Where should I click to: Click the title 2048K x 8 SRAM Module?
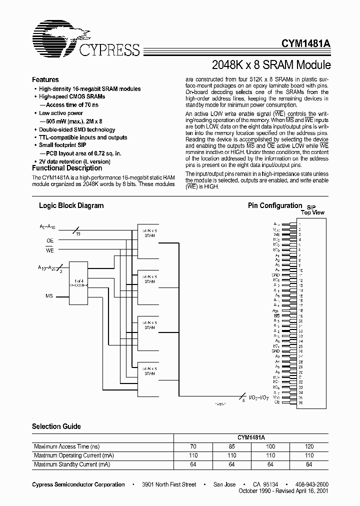point(271,65)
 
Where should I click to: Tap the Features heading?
point(45,79)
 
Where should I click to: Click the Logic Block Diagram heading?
point(71,205)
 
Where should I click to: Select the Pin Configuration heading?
point(275,205)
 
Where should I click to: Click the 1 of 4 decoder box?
point(79,281)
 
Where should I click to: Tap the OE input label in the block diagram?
point(49,240)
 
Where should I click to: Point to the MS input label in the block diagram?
point(49,296)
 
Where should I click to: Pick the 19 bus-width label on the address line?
point(78,233)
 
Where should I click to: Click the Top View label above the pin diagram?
point(312,212)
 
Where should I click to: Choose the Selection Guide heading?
point(56,426)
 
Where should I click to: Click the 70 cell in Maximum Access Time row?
point(193,446)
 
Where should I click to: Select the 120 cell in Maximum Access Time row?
point(309,446)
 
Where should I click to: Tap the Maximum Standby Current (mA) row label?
point(72,464)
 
